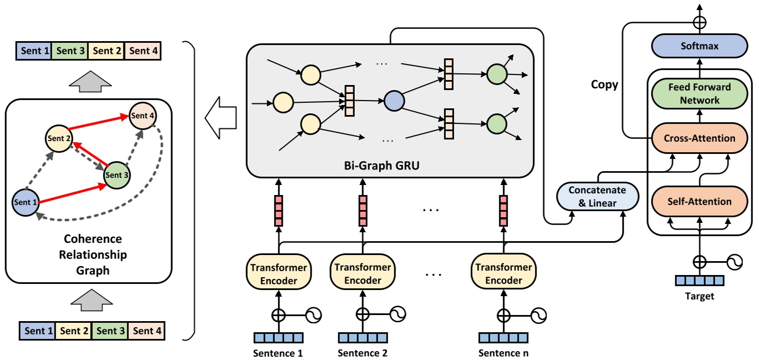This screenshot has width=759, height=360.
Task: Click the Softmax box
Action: click(699, 46)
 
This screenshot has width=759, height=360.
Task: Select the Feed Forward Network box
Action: click(699, 93)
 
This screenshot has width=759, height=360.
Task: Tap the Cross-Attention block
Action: click(699, 138)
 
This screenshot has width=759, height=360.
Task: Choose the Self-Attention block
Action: click(699, 201)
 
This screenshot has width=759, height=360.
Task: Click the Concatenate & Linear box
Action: click(597, 197)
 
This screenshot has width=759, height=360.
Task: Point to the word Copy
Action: click(605, 85)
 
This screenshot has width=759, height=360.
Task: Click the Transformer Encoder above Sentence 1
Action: click(278, 273)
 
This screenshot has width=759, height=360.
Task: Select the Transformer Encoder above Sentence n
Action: click(503, 273)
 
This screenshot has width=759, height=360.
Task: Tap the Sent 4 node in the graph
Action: click(143, 116)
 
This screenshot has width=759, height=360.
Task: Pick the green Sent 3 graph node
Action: click(117, 175)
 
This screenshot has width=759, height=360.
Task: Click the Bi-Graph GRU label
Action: click(388, 166)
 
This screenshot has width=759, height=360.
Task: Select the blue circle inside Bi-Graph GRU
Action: click(394, 102)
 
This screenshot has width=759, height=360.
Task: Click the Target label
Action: click(699, 297)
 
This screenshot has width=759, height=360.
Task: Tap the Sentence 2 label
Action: click(363, 353)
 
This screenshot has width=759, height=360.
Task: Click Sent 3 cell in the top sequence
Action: click(70, 51)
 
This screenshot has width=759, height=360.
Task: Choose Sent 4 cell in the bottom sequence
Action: click(147, 331)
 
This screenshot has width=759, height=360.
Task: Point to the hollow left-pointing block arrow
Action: click(220, 117)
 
